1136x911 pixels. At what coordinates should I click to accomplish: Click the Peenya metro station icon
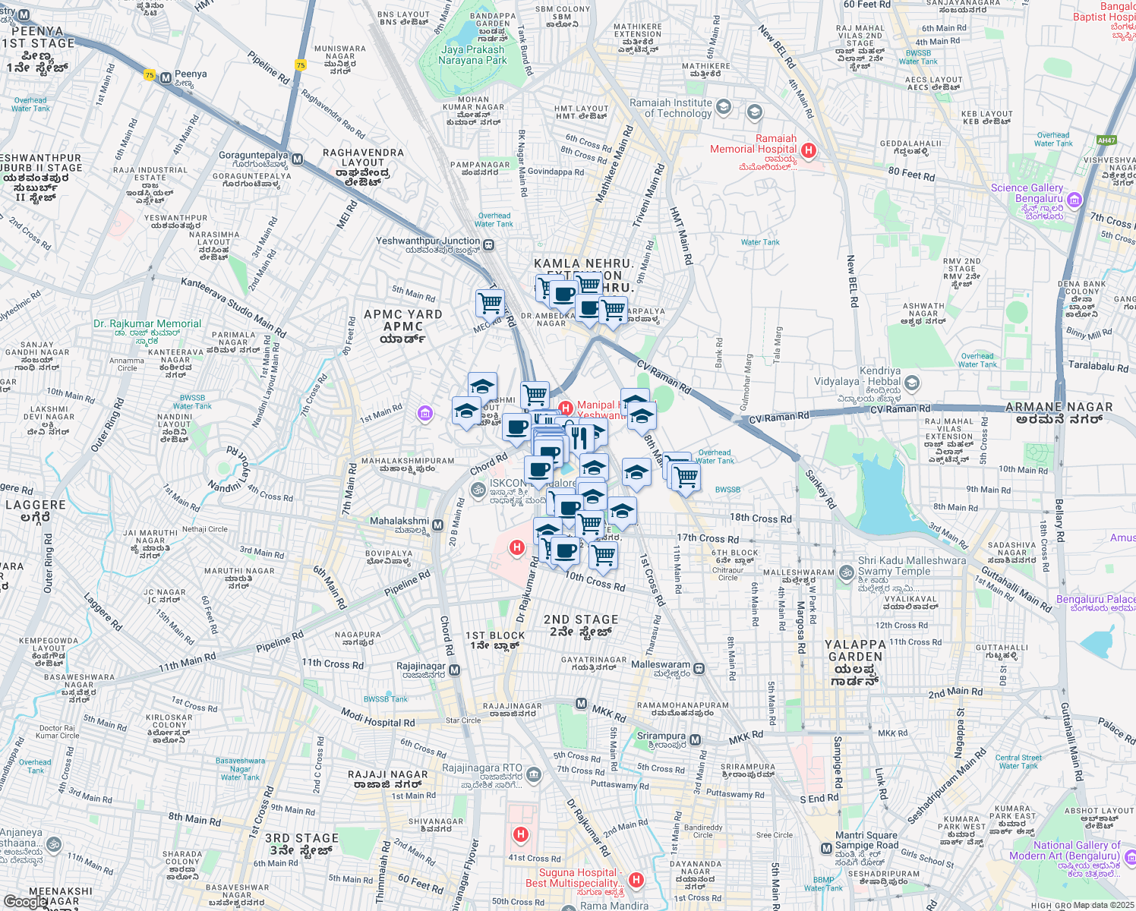(166, 78)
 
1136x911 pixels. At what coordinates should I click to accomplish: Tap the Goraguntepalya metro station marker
(298, 159)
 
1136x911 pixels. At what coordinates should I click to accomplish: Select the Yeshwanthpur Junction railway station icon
(489, 245)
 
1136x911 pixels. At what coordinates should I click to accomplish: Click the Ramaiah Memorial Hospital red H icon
(809, 150)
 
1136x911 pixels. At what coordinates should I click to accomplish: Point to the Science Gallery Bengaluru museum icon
(1074, 200)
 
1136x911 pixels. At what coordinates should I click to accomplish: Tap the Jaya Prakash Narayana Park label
(472, 55)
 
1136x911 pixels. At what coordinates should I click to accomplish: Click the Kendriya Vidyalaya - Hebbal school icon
(912, 383)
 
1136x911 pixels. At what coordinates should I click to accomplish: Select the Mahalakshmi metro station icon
(437, 525)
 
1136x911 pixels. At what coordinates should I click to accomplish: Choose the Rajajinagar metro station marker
(454, 670)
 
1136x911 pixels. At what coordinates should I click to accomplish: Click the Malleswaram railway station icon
(699, 669)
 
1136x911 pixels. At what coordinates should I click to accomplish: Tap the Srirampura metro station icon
(696, 740)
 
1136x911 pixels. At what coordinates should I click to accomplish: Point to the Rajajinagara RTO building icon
(534, 774)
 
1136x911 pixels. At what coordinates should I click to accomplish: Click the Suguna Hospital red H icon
(636, 879)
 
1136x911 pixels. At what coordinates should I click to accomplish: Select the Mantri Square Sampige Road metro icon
(826, 848)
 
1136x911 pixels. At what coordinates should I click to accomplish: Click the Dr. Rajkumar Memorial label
(147, 323)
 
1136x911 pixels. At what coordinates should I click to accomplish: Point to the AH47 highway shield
(1106, 140)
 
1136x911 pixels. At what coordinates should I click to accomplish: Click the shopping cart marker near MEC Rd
(490, 303)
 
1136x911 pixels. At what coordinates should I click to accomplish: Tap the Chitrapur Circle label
(727, 574)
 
